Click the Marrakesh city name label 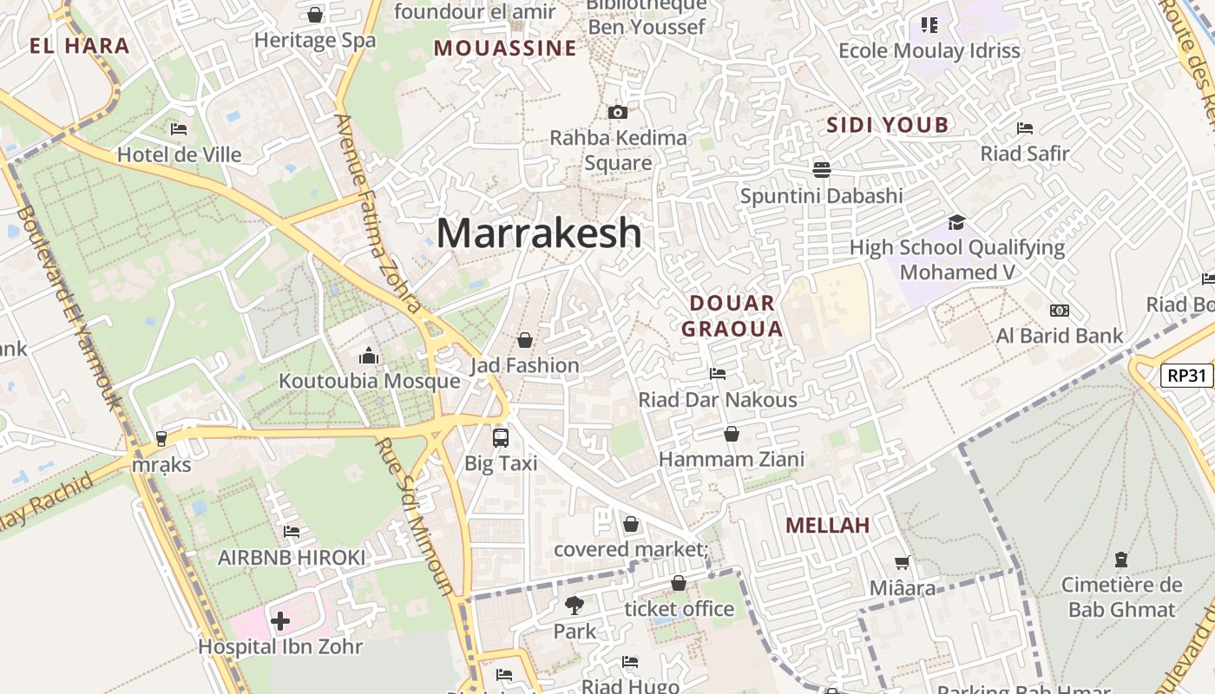(539, 233)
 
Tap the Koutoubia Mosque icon (369, 356)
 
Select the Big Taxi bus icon (501, 437)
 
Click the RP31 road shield (1186, 376)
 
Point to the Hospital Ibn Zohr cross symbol (280, 621)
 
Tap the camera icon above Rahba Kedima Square (618, 112)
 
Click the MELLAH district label (827, 525)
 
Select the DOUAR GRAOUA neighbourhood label (732, 316)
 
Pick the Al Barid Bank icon (1059, 311)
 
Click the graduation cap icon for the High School (956, 222)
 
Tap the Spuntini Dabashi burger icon (822, 168)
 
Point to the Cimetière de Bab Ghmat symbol (1121, 560)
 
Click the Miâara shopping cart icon (903, 563)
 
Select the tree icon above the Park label (574, 606)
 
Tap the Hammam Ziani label (732, 459)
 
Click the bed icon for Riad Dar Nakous (718, 374)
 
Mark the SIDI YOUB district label (887, 125)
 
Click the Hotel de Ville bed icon (179, 129)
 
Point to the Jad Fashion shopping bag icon (525, 340)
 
